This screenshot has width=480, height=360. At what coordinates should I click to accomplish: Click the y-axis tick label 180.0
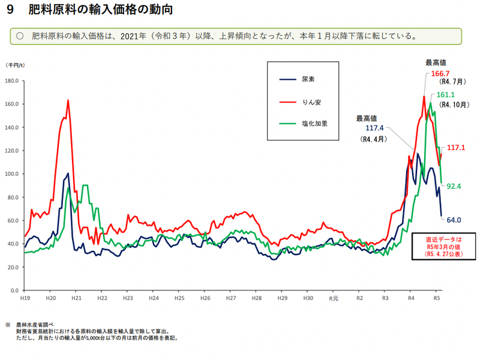[11, 80]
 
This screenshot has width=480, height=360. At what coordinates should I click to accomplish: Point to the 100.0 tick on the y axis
[11, 174]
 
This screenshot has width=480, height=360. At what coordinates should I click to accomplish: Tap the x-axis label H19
[25, 298]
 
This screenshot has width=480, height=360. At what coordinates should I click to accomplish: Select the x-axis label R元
[333, 298]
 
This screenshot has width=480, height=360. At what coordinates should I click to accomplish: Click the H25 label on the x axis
[179, 298]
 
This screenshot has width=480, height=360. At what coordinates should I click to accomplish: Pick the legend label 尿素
[308, 79]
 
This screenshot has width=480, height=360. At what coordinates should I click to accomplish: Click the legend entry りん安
[311, 102]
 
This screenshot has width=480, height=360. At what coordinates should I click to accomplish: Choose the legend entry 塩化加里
[314, 125]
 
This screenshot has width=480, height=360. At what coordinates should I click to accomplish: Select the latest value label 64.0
[453, 221]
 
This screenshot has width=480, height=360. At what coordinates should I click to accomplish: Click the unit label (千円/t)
[15, 65]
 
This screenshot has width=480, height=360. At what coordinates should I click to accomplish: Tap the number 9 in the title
[11, 11]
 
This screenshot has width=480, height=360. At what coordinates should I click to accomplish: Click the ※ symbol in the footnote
[8, 325]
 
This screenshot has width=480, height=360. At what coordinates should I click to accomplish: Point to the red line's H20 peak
[68, 101]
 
